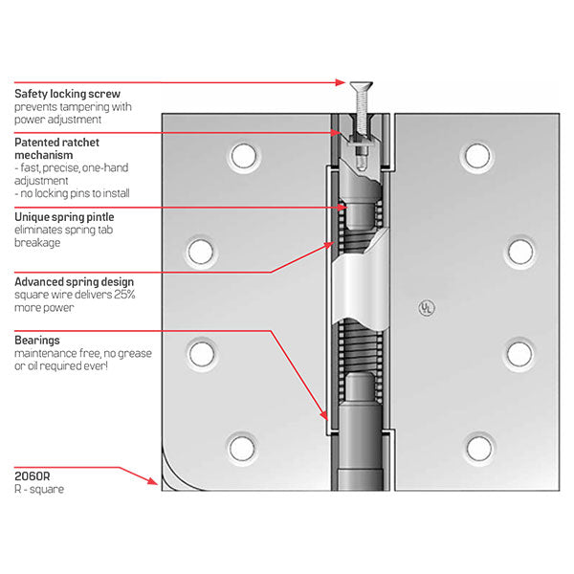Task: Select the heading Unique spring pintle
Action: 64,217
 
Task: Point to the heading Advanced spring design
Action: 74,281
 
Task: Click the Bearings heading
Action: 37,340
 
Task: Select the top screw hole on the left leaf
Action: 241,154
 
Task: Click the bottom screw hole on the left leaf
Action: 241,445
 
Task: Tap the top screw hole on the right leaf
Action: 475,154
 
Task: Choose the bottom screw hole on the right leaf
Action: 475,445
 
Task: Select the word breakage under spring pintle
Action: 39,243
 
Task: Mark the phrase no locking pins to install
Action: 73,193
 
